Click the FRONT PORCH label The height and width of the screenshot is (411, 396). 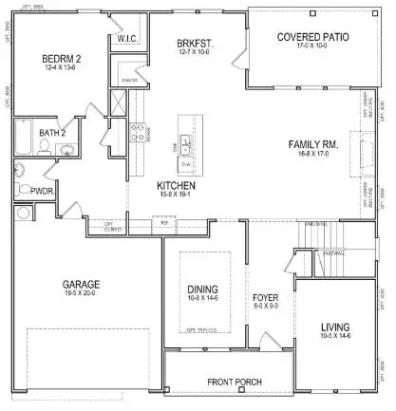coord(236,383)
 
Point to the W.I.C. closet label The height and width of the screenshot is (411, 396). coord(128,39)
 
